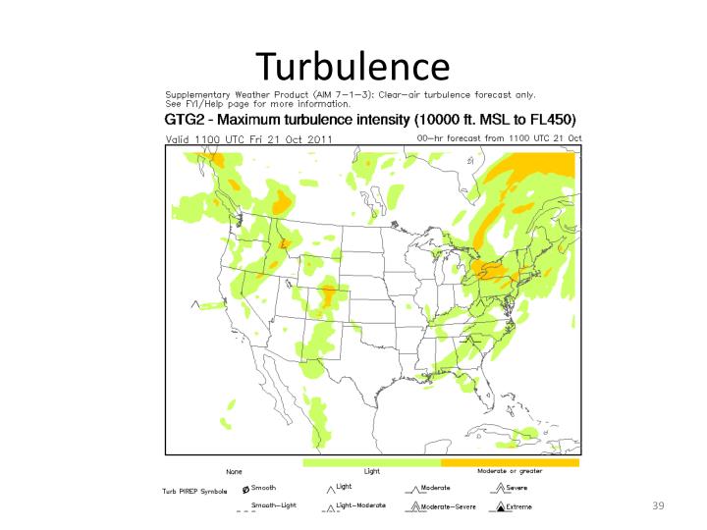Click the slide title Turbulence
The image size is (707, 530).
point(353,66)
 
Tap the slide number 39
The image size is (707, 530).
point(659,504)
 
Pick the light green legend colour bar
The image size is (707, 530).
point(371,461)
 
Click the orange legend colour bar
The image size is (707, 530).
point(510,461)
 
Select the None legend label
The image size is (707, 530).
point(234,472)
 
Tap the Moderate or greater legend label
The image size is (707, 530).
point(510,471)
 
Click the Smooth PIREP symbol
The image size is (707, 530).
point(245,488)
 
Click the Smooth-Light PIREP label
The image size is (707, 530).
point(273,504)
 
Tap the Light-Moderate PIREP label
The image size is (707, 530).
point(360,504)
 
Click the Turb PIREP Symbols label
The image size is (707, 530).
point(194,490)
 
